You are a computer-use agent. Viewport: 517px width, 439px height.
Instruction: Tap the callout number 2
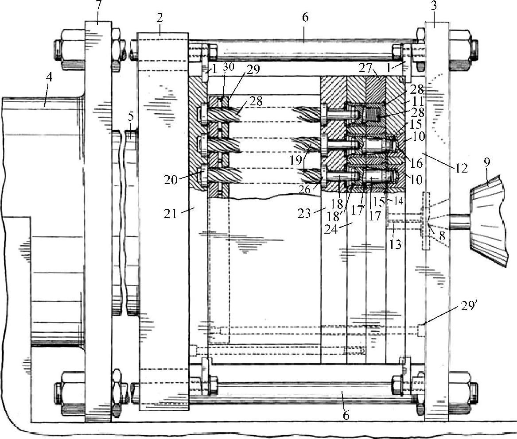point(159,19)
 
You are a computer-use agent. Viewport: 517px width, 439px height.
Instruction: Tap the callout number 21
point(172,214)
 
